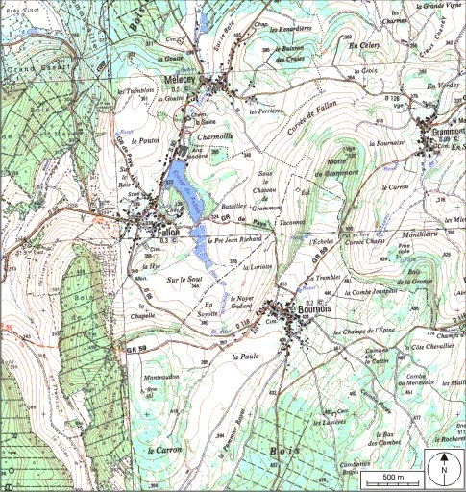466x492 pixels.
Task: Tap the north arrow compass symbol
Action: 444,467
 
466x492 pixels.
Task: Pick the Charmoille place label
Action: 214,138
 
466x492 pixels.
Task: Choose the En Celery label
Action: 365,45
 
